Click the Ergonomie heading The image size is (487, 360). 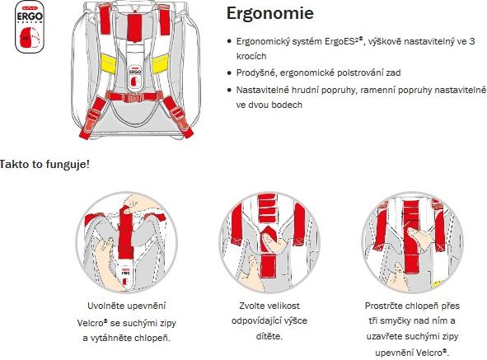tap(270, 14)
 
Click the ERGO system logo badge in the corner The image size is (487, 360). tap(30, 26)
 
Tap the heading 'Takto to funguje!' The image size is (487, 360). tap(44, 164)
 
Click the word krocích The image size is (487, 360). tap(251, 56)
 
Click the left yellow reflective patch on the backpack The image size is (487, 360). tap(109, 63)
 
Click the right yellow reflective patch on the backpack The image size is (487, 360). tap(161, 63)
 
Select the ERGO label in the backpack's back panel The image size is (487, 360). tap(135, 72)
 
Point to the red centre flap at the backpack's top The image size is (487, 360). tap(134, 27)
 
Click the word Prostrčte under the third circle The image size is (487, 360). tap(383, 306)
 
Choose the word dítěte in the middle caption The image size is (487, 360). tap(269, 336)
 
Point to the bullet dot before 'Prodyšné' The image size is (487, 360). tap(230, 73)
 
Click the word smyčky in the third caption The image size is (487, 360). tap(395, 320)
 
